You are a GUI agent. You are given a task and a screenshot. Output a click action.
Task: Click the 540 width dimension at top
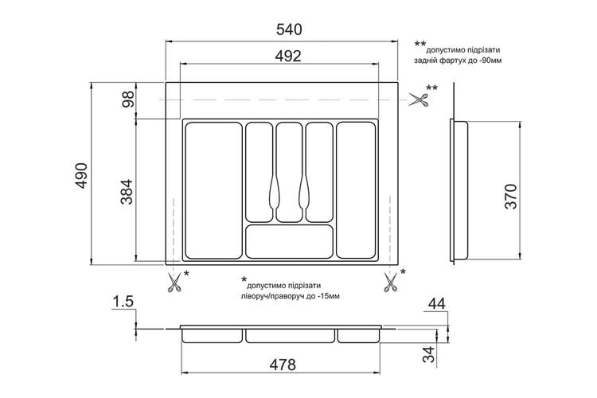(x=289, y=29)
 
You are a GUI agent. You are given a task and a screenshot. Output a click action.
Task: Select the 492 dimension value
(x=288, y=56)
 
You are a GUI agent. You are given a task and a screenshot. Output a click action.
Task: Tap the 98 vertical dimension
(x=129, y=99)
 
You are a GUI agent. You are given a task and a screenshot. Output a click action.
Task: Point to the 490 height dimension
(x=81, y=175)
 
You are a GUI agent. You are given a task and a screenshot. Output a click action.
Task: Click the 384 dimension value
(x=127, y=192)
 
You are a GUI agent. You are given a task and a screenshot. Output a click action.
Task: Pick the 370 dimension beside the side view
(x=511, y=196)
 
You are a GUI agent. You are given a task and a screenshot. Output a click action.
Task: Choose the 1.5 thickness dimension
(x=123, y=301)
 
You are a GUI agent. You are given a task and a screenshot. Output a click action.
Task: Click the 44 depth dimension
(x=436, y=303)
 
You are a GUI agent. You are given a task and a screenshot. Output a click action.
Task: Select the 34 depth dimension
(x=429, y=354)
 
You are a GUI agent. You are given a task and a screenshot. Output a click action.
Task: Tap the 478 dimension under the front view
(x=283, y=365)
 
